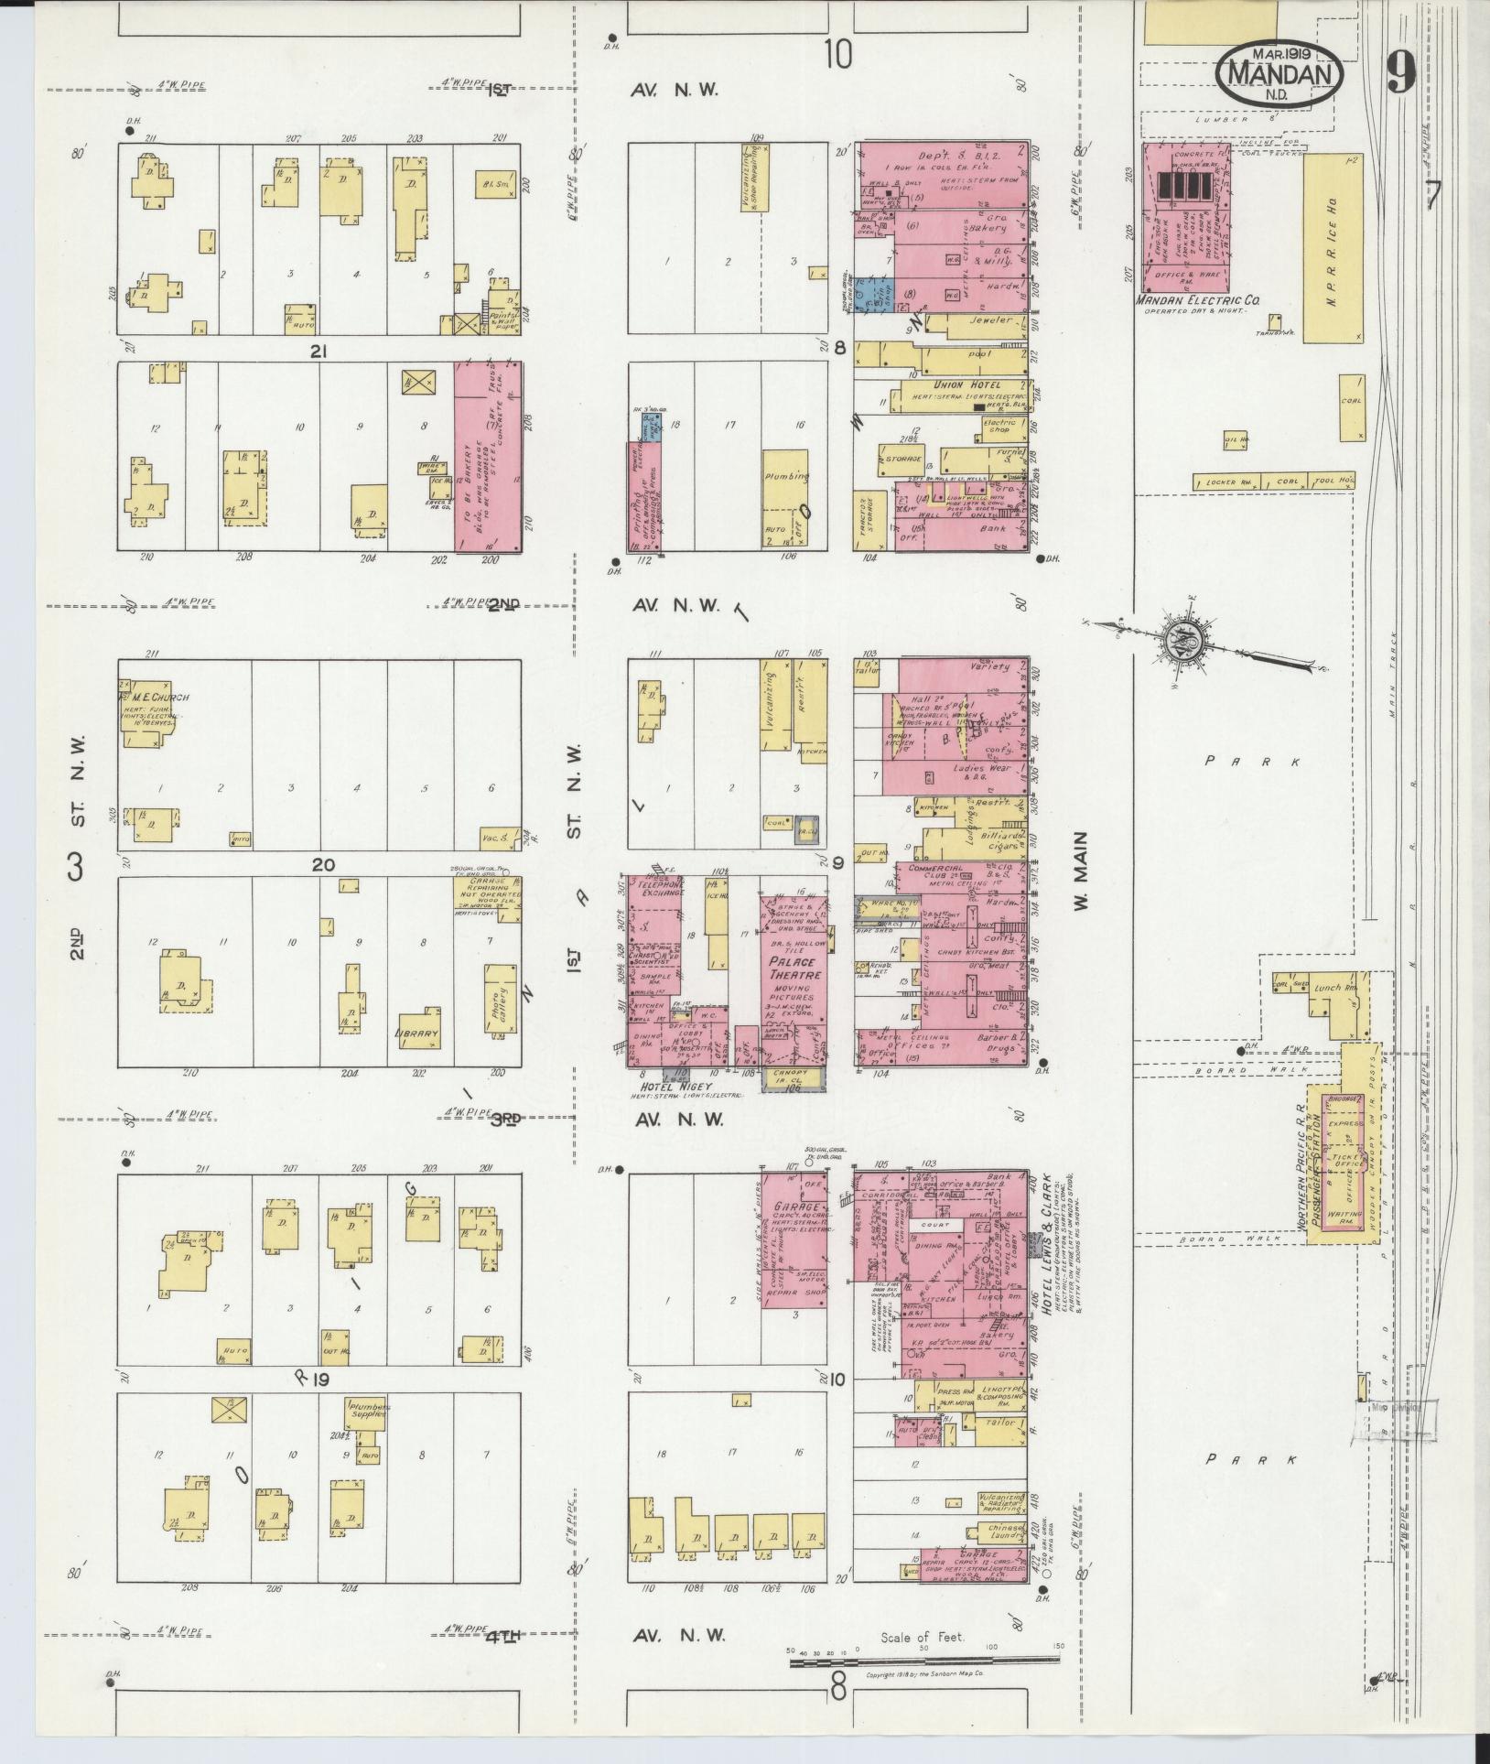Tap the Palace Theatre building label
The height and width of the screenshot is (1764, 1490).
[x=793, y=968]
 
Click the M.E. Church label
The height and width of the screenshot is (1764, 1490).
[x=157, y=698]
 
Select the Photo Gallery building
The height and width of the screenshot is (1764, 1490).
[x=499, y=999]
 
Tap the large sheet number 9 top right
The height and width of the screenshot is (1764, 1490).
[x=1400, y=72]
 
